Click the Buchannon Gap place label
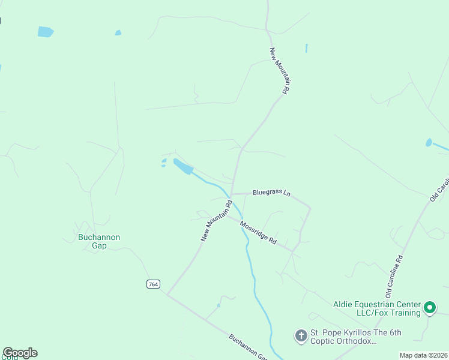(x=99, y=241)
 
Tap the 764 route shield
(x=153, y=284)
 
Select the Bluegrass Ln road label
(x=271, y=193)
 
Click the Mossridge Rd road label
(x=258, y=233)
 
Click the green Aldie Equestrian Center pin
(x=430, y=308)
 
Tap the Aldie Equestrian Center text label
(x=377, y=308)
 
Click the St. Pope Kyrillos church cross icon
(x=301, y=336)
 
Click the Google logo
(x=20, y=353)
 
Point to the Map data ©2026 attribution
(x=423, y=355)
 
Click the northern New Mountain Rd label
(x=280, y=70)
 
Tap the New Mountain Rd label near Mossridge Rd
(x=216, y=221)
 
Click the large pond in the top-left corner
(x=46, y=32)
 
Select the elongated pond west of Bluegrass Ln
(x=183, y=166)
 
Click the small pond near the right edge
(x=429, y=143)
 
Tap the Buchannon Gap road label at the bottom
(x=247, y=346)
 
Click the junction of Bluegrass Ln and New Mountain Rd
(x=232, y=194)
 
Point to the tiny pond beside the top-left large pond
(x=118, y=32)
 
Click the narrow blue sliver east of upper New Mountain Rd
(x=306, y=48)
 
